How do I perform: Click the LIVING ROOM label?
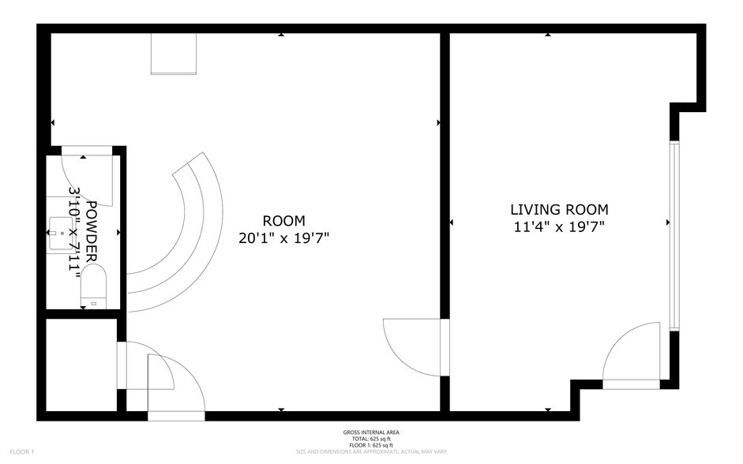coord(559,210)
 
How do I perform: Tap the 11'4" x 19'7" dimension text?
coord(559,227)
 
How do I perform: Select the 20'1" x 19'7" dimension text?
coord(284,238)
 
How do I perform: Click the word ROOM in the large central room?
coord(284,221)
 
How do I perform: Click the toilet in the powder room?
coord(93,286)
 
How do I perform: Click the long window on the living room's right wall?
coord(674,234)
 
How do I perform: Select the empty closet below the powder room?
coord(81,364)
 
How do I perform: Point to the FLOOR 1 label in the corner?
coord(22,451)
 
